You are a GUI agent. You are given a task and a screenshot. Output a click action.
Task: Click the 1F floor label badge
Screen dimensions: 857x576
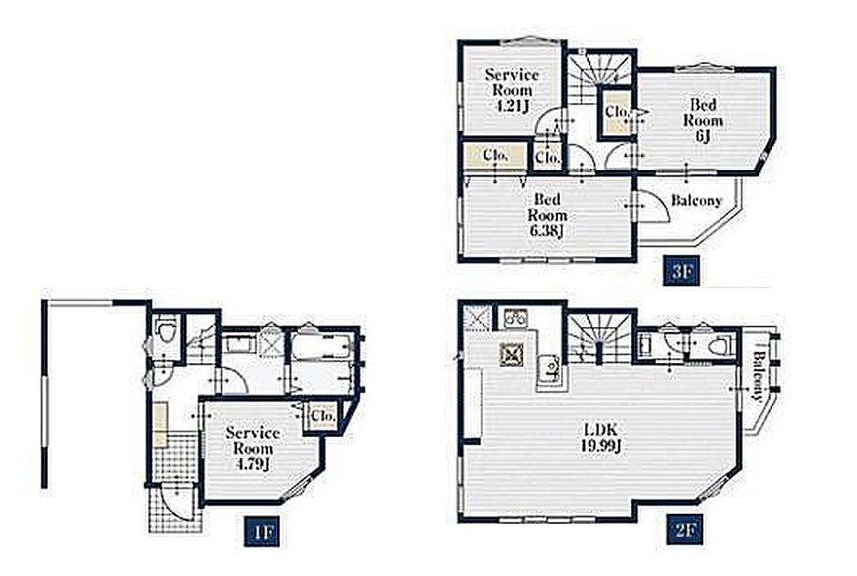(x=262, y=530)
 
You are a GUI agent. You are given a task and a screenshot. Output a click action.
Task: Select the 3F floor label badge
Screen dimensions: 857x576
(x=681, y=271)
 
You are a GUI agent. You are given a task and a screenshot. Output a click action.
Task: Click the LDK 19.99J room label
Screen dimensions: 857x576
(x=601, y=438)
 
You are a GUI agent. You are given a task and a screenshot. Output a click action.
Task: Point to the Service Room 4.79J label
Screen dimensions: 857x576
(x=253, y=448)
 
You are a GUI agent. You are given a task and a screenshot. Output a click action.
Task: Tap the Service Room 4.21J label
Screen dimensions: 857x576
(x=512, y=90)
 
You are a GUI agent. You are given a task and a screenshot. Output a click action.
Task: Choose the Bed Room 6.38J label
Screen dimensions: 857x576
(x=547, y=215)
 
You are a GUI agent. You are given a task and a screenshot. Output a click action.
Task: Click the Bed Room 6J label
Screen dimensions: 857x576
(x=702, y=120)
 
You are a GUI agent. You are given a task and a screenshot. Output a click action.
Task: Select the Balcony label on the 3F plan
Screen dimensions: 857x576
(x=696, y=200)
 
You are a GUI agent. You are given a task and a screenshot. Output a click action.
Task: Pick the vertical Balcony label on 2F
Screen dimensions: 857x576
(x=758, y=376)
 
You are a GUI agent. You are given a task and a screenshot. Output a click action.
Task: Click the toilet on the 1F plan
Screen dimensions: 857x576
(x=165, y=332)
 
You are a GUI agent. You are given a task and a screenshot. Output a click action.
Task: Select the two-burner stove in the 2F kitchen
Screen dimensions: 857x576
(x=514, y=317)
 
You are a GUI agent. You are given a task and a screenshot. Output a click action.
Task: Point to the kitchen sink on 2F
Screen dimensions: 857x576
(x=551, y=368)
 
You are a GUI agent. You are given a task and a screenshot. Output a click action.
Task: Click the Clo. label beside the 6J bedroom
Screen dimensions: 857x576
(x=617, y=112)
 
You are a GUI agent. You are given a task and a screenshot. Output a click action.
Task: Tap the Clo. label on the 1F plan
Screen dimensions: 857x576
(x=323, y=417)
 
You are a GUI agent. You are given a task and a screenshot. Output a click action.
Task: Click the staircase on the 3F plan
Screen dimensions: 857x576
(x=601, y=76)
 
